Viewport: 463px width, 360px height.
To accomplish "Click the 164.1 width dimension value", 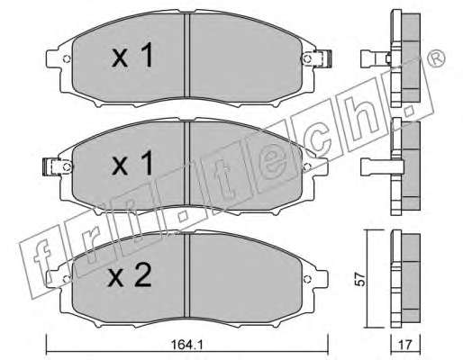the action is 186,345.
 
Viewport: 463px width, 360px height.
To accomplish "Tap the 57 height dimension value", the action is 360,279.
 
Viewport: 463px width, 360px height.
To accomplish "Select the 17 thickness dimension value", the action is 405,345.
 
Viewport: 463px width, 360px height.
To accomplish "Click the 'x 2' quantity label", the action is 130,276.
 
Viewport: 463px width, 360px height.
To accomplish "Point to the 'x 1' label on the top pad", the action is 132,55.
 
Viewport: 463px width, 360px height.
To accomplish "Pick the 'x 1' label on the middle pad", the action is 132,164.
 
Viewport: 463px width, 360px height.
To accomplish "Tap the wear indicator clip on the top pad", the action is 322,58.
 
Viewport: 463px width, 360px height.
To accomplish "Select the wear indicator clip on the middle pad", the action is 51,166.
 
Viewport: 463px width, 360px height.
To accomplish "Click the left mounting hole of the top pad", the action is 67,58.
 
